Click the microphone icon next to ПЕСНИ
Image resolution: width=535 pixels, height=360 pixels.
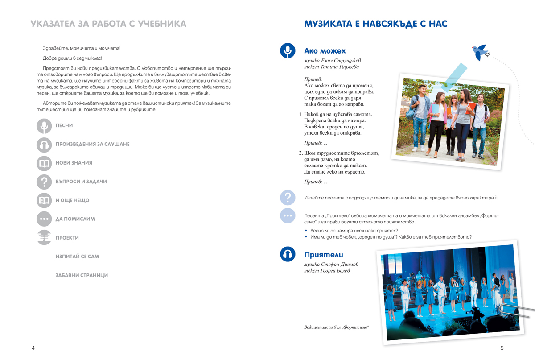click(x=44, y=126)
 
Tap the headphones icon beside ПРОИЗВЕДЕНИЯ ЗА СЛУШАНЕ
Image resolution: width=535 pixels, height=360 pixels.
click(x=44, y=145)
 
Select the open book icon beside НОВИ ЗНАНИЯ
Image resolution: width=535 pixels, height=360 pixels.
click(x=44, y=163)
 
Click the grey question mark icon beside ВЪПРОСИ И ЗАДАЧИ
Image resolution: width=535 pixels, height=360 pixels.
click(x=44, y=182)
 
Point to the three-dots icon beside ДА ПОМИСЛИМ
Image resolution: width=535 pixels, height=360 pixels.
click(x=44, y=219)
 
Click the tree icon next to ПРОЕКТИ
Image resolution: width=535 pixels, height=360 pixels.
click(x=44, y=238)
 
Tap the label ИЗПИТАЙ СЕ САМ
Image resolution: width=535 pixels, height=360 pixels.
click(x=77, y=257)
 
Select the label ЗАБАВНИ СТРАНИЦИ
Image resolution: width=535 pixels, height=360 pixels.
click(x=82, y=276)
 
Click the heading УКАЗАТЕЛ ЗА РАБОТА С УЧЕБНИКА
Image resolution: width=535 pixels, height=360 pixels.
click(x=108, y=24)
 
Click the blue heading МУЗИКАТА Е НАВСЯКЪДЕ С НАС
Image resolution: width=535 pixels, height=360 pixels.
click(x=376, y=24)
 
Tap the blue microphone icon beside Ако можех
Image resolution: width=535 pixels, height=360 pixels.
click(x=288, y=51)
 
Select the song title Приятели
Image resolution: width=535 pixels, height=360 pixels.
click(x=324, y=255)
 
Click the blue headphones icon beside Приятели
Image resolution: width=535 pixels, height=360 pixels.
click(x=288, y=254)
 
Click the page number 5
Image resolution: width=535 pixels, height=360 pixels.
click(x=502, y=348)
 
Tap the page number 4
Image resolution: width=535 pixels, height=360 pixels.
click(x=33, y=348)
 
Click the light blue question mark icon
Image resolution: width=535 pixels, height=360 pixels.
click(x=288, y=197)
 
